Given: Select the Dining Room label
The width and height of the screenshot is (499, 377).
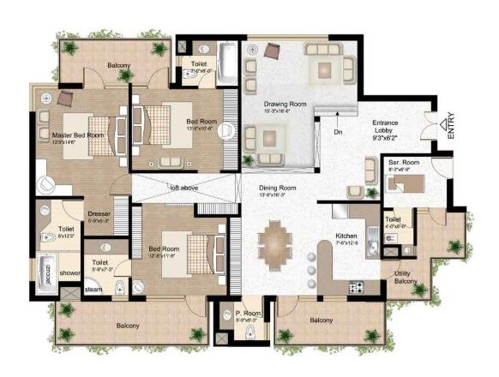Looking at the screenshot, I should tap(278, 188).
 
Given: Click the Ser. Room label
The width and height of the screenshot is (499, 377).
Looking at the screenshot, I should tap(403, 162).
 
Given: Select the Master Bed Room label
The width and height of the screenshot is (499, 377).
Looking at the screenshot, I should tap(77, 135).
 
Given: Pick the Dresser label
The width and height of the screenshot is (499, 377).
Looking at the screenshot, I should tap(99, 214).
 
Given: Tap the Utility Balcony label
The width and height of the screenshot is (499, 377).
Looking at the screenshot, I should tap(405, 277).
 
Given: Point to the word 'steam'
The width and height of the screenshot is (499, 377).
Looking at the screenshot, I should tap(93, 290).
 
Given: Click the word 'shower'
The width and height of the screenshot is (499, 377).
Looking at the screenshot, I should tap(70, 274).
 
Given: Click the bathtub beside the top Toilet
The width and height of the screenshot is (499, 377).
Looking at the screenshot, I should tap(225, 65).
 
